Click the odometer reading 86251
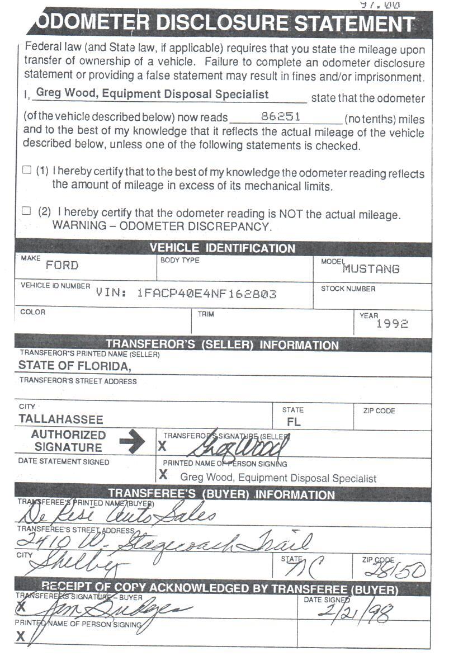point(281,117)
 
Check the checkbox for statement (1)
point(26,170)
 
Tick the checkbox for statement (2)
point(26,211)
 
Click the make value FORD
point(62,266)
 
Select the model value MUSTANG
point(371,269)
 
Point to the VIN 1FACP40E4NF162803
point(206,294)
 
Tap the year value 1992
point(392,324)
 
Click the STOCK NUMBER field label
point(348,289)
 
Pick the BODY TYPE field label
point(179,261)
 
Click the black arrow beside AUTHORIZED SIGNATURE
point(132,442)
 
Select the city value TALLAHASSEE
point(61,419)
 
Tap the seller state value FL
point(294,422)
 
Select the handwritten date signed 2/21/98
point(355,612)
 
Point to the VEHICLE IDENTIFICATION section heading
point(222,249)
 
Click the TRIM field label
point(206,314)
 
